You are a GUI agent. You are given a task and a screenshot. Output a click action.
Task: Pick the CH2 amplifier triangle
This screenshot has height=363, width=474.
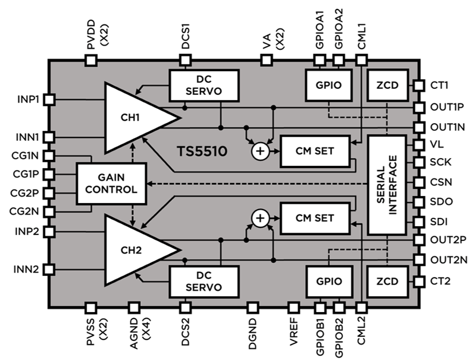(x=133, y=249)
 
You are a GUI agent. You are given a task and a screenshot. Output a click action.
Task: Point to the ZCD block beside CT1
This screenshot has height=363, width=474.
(x=388, y=86)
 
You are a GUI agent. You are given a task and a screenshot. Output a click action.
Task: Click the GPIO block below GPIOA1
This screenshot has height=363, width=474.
(x=328, y=86)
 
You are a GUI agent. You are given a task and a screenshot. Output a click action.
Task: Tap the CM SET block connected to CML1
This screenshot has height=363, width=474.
(x=315, y=150)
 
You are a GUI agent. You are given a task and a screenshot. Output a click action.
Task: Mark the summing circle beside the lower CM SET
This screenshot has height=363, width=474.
(x=260, y=219)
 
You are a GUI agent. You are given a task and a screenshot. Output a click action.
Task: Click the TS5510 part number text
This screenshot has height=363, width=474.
(x=202, y=152)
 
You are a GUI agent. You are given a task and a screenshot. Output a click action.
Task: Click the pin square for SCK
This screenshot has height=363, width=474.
(x=419, y=163)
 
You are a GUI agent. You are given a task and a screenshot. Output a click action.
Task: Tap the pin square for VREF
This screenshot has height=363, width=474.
(x=293, y=307)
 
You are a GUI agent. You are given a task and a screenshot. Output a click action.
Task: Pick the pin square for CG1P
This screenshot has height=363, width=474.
(x=49, y=174)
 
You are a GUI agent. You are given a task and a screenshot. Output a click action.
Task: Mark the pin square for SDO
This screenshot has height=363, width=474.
(x=419, y=201)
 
